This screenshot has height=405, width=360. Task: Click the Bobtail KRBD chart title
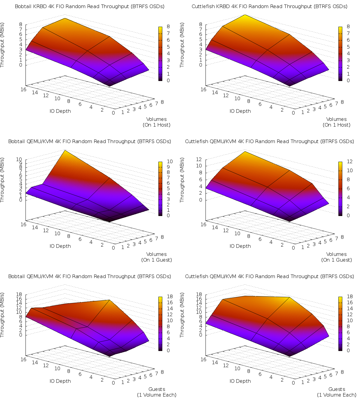tap(90, 6)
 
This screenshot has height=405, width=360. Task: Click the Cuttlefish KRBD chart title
tap(269, 6)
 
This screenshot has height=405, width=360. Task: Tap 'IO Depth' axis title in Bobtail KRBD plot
tap(60, 111)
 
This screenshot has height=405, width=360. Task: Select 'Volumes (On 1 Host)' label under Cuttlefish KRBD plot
tap(337, 122)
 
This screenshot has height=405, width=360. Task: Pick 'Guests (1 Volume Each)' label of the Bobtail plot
tap(157, 392)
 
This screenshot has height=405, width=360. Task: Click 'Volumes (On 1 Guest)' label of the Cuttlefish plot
tap(337, 257)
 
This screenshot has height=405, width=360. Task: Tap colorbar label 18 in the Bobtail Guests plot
tap(169, 296)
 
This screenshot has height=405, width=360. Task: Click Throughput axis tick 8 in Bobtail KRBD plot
tap(21, 24)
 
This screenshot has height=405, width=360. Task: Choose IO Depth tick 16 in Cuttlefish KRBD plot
tap(203, 89)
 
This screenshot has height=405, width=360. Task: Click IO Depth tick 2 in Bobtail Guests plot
tap(102, 379)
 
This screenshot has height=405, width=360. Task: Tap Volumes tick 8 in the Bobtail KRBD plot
tap(162, 102)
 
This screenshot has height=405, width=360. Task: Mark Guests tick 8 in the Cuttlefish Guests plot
tap(342, 372)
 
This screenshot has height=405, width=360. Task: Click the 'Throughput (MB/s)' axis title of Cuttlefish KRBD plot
tap(182, 45)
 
